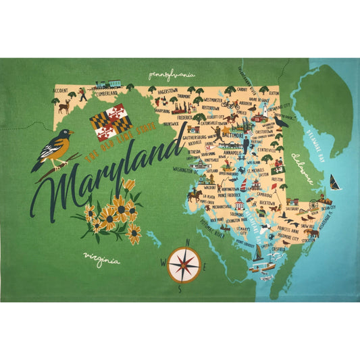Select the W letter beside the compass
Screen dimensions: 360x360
click(x=163, y=262)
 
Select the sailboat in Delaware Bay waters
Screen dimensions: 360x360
click(x=335, y=182)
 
